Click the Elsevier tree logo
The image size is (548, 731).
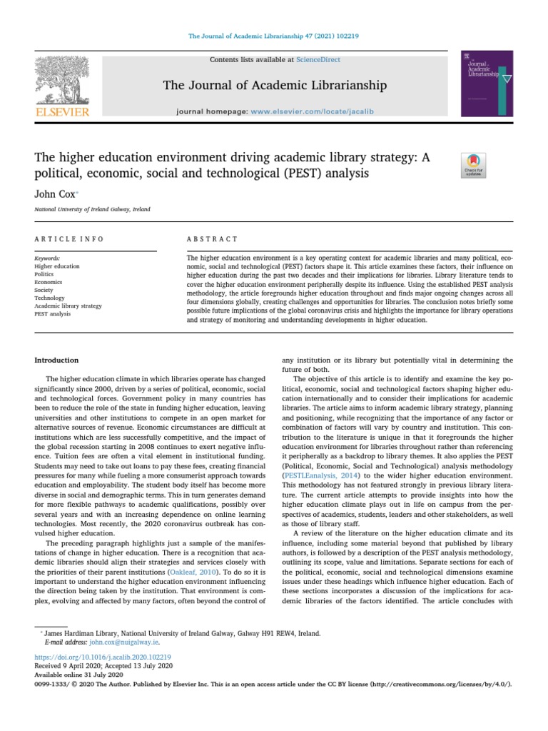tap(64, 83)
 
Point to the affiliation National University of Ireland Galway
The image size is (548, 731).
tap(92, 209)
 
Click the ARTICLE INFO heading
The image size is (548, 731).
tap(69, 239)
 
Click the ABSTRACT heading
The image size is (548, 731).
tap(212, 239)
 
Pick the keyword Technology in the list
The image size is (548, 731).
tap(50, 298)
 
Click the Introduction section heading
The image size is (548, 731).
tap(56, 361)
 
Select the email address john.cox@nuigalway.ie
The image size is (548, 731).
tap(101, 642)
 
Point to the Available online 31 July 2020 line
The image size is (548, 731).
tap(79, 675)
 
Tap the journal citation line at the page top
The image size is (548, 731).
tap(273, 36)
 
